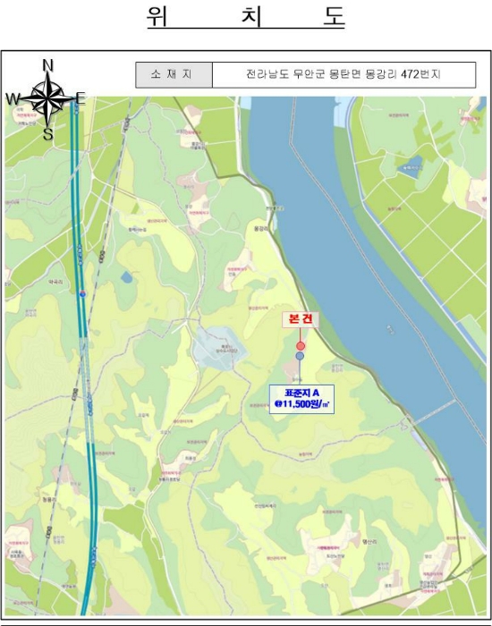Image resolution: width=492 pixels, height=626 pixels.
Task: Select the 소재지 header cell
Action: click(174, 75)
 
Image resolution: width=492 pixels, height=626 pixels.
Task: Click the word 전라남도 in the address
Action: click(265, 75)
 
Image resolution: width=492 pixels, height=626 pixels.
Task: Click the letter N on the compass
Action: click(48, 64)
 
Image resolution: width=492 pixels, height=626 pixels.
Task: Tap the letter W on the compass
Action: click(13, 98)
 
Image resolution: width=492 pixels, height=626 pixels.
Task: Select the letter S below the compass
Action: click(47, 134)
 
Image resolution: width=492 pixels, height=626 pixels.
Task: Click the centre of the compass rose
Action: click(48, 98)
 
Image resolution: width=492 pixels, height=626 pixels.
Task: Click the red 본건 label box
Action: click(301, 320)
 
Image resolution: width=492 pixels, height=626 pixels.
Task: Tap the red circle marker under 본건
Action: click(301, 345)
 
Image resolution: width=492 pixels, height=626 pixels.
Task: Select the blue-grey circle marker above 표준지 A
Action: click(300, 356)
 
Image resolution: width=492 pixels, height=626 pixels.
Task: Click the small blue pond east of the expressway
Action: click(126, 277)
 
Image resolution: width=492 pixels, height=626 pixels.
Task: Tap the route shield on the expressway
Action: click(82, 292)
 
